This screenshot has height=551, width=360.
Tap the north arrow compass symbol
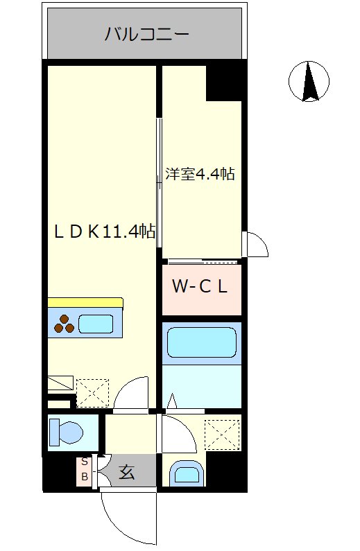(x=309, y=80)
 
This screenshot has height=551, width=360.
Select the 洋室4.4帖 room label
(x=200, y=174)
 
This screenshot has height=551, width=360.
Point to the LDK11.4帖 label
(x=104, y=231)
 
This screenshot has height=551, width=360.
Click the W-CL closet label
(x=200, y=287)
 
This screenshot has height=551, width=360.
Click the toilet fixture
(x=65, y=433)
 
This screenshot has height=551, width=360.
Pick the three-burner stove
(x=64, y=324)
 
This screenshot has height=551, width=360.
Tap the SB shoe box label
(x=85, y=469)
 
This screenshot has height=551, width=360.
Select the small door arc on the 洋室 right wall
(x=255, y=245)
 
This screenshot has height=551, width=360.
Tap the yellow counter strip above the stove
(x=85, y=303)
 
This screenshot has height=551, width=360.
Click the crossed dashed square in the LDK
(x=92, y=392)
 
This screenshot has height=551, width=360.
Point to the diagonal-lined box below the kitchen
(x=60, y=383)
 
